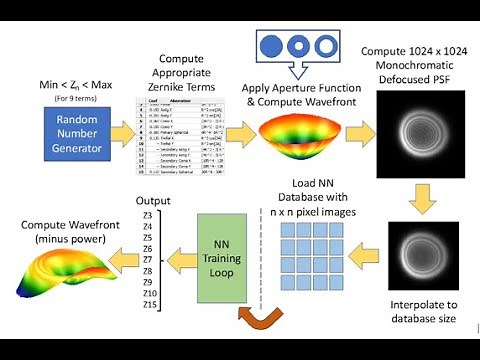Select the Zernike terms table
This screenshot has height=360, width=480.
click(182, 138)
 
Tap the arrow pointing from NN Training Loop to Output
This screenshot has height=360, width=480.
click(182, 258)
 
